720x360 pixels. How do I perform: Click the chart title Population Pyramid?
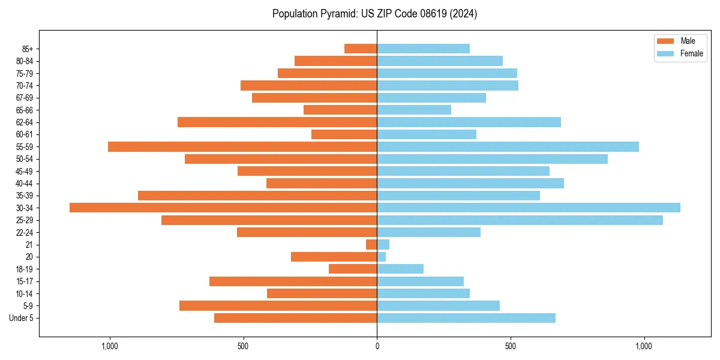tap(374, 14)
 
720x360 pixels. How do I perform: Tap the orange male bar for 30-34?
tap(223, 208)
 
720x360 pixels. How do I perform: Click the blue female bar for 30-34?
tap(529, 208)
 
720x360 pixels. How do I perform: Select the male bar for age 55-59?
tap(242, 146)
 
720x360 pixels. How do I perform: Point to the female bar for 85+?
tap(423, 49)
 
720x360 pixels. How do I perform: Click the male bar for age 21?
tap(371, 244)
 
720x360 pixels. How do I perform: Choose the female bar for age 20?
tap(381, 257)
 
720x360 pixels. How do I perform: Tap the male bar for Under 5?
tap(295, 318)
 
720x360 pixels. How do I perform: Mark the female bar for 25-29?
tap(520, 220)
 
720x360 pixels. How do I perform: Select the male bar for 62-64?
tap(277, 122)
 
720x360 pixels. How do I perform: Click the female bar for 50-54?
tap(492, 159)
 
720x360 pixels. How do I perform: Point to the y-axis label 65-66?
tap(25, 110)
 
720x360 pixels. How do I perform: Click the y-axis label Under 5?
tap(22, 318)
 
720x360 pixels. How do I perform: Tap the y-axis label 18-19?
tap(25, 269)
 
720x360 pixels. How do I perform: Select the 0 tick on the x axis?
tap(377, 346)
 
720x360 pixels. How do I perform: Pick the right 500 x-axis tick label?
tap(511, 346)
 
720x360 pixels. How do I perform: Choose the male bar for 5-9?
tap(278, 306)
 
